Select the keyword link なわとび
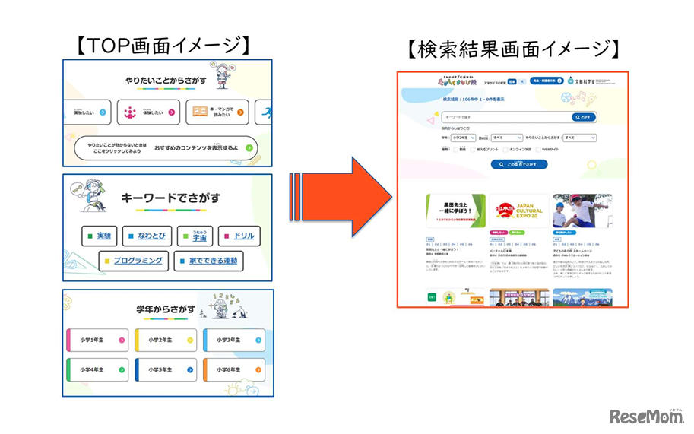pos(151,236)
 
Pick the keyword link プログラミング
pos(132,261)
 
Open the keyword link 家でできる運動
pos(210,261)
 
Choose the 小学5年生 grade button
pos(166,369)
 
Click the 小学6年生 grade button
pos(233,369)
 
